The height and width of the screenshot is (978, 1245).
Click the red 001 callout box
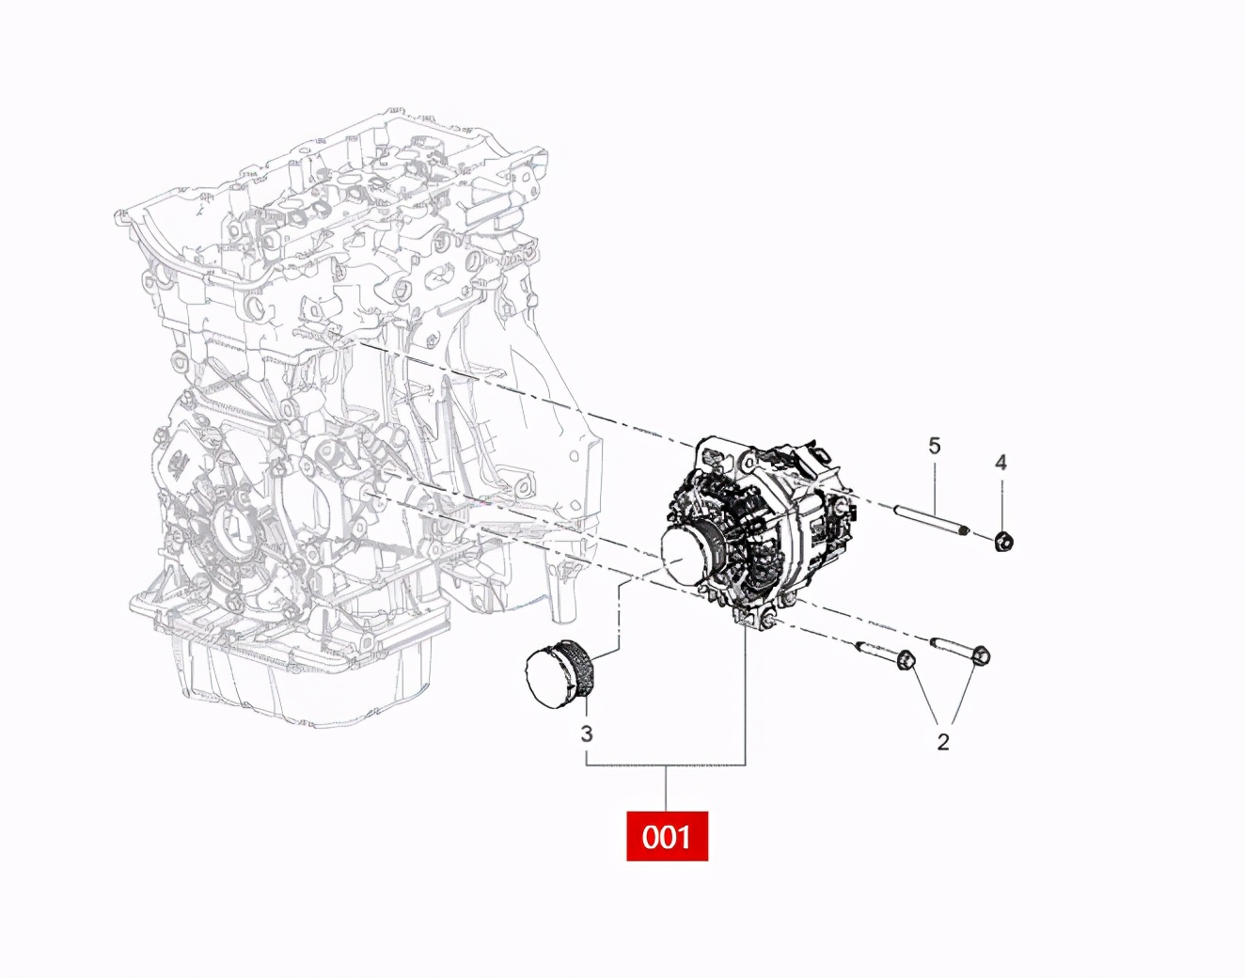(667, 835)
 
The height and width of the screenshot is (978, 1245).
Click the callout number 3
(587, 733)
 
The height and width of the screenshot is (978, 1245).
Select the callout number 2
(943, 742)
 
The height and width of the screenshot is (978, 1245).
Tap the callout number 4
(1001, 462)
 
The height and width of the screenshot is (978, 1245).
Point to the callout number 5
(934, 445)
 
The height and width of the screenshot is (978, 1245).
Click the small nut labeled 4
(1003, 541)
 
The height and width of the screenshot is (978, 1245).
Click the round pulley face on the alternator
(688, 555)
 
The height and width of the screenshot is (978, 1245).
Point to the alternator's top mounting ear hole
(749, 461)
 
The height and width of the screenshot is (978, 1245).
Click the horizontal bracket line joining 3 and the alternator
(666, 765)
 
